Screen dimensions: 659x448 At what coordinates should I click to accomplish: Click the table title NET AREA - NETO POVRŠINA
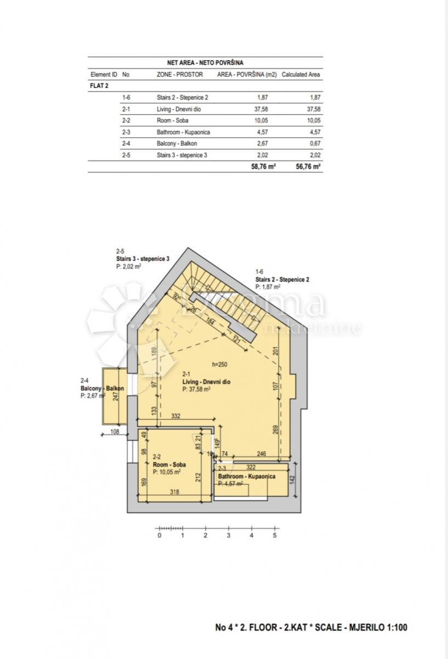coord(206,63)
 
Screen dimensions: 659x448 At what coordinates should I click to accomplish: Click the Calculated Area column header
coord(301,74)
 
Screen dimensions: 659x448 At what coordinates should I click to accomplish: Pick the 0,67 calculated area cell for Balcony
coord(314,143)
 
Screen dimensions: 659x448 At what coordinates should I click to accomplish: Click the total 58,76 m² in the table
coord(263,166)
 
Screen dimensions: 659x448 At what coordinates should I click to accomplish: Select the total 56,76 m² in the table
coord(308,166)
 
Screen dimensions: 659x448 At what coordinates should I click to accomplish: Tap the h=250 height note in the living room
coord(220,364)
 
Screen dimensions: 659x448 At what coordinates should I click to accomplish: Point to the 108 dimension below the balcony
coord(115,431)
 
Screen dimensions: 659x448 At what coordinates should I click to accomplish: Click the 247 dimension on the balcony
coord(116,396)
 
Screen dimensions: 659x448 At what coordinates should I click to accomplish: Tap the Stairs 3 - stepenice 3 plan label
coord(143,258)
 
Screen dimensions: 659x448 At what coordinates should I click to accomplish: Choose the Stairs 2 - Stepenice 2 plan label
coord(282,279)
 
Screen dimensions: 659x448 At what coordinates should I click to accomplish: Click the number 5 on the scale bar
coord(274,535)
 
